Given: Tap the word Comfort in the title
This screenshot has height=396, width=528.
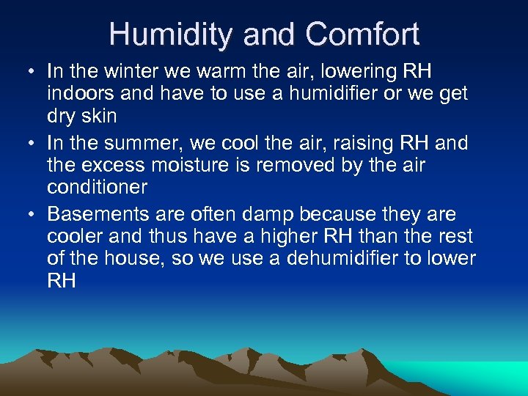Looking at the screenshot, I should [x=362, y=34].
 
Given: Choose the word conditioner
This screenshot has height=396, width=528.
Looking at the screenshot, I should [x=98, y=187].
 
